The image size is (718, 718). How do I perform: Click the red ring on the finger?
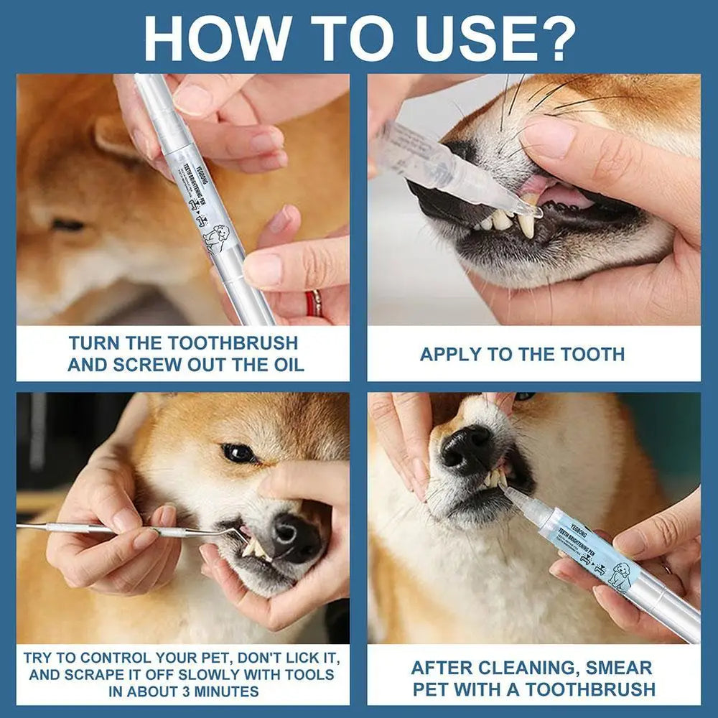[314, 303]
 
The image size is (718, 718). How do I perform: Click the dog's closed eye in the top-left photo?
[69, 225]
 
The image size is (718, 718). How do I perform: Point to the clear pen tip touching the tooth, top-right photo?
[531, 210]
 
